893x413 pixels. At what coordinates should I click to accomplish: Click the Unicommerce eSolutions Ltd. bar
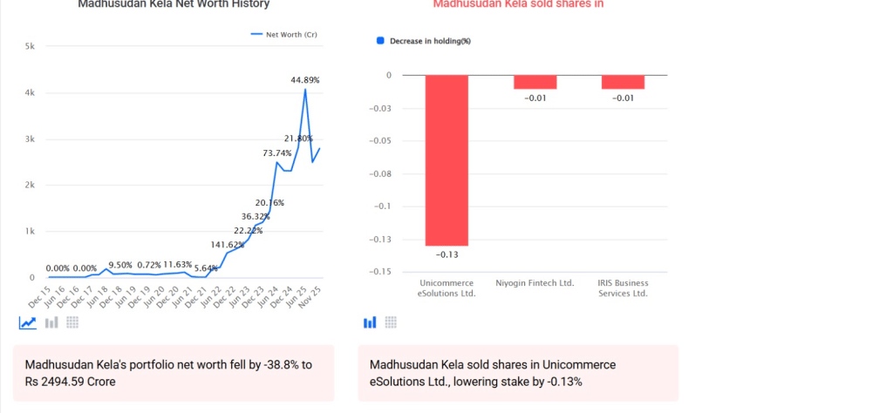tap(446, 160)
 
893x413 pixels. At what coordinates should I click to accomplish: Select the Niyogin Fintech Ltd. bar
tap(535, 82)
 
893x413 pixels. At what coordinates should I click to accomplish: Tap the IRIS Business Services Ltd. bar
tap(623, 82)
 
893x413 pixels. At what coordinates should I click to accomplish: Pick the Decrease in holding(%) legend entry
tap(423, 41)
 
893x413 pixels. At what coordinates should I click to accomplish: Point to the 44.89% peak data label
tap(305, 80)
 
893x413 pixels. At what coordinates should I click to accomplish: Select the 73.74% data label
tap(277, 153)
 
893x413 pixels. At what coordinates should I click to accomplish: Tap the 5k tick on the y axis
tap(30, 46)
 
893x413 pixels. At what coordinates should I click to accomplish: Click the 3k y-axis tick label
tap(30, 139)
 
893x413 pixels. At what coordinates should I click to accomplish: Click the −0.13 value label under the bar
tap(446, 254)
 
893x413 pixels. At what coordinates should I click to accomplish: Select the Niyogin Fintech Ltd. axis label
tap(535, 283)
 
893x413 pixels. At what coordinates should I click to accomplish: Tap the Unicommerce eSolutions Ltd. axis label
tap(446, 288)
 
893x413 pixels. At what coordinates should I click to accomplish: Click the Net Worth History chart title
tap(174, 4)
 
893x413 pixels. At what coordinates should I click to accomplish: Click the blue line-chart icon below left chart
tap(28, 322)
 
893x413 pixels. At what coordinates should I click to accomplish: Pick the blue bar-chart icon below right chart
tap(370, 322)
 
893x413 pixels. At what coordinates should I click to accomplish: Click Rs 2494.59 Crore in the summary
tap(71, 382)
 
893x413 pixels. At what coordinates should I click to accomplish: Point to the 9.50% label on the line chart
tap(120, 265)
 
